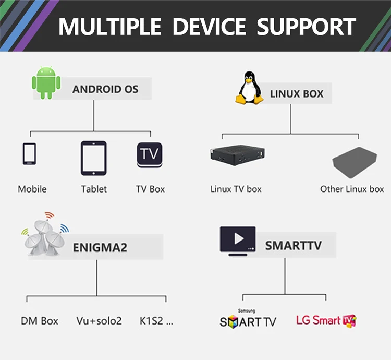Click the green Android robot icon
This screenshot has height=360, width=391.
click(x=46, y=83)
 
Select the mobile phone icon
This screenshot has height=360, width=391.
click(x=29, y=154)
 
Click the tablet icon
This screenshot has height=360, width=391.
click(x=93, y=158)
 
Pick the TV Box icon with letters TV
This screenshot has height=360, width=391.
click(x=150, y=155)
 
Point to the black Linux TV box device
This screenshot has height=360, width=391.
click(x=235, y=155)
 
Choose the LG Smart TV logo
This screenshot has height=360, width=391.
click(x=326, y=320)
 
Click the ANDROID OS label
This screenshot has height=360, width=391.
click(x=105, y=89)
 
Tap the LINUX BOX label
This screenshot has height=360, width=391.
click(x=297, y=94)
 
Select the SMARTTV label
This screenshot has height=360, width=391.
click(x=294, y=245)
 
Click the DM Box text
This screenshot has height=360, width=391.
click(x=40, y=321)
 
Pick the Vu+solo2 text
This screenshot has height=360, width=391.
click(x=99, y=321)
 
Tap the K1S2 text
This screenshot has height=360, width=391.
click(x=156, y=321)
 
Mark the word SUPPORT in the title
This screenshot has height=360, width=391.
click(x=307, y=26)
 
